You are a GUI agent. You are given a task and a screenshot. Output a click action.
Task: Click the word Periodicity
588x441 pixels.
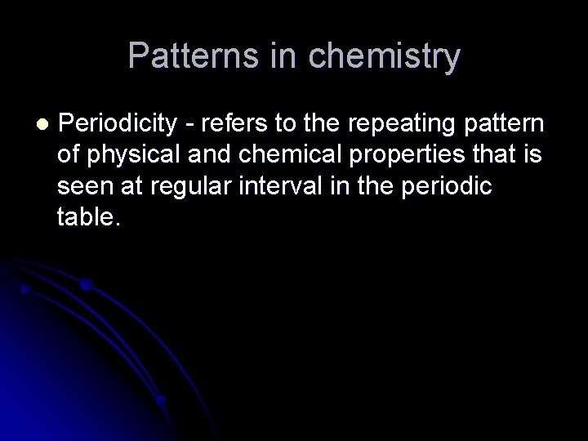[118, 123]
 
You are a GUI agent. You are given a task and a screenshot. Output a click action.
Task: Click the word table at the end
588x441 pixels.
[89, 216]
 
